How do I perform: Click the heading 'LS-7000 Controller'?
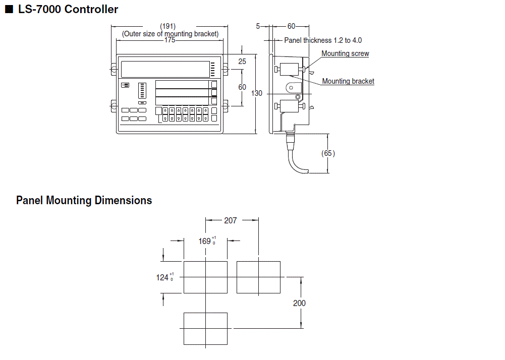pyautogui.click(x=68, y=9)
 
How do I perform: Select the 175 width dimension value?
pyautogui.click(x=170, y=40)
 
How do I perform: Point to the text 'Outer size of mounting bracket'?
pyautogui.click(x=170, y=34)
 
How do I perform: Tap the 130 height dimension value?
pyautogui.click(x=257, y=93)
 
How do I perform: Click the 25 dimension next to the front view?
pyautogui.click(x=242, y=62)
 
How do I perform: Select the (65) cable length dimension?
pyautogui.click(x=328, y=153)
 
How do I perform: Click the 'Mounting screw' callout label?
pyautogui.click(x=345, y=53)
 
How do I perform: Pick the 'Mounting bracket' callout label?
pyautogui.click(x=348, y=81)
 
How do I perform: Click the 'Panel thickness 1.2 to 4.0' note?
pyautogui.click(x=323, y=40)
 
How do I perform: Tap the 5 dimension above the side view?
pyautogui.click(x=258, y=26)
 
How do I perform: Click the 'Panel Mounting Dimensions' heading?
pyautogui.click(x=84, y=200)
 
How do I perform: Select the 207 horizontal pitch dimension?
pyautogui.click(x=231, y=220)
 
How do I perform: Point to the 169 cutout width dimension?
pyautogui.click(x=205, y=241)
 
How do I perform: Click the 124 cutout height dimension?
pyautogui.click(x=163, y=277)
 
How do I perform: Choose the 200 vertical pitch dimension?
pyautogui.click(x=299, y=303)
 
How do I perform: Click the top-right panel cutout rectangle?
pyautogui.click(x=258, y=277)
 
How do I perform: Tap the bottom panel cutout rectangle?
pyautogui.click(x=205, y=328)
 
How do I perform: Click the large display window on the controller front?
pyautogui.click(x=165, y=68)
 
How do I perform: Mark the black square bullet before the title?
pyautogui.click(x=8, y=10)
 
